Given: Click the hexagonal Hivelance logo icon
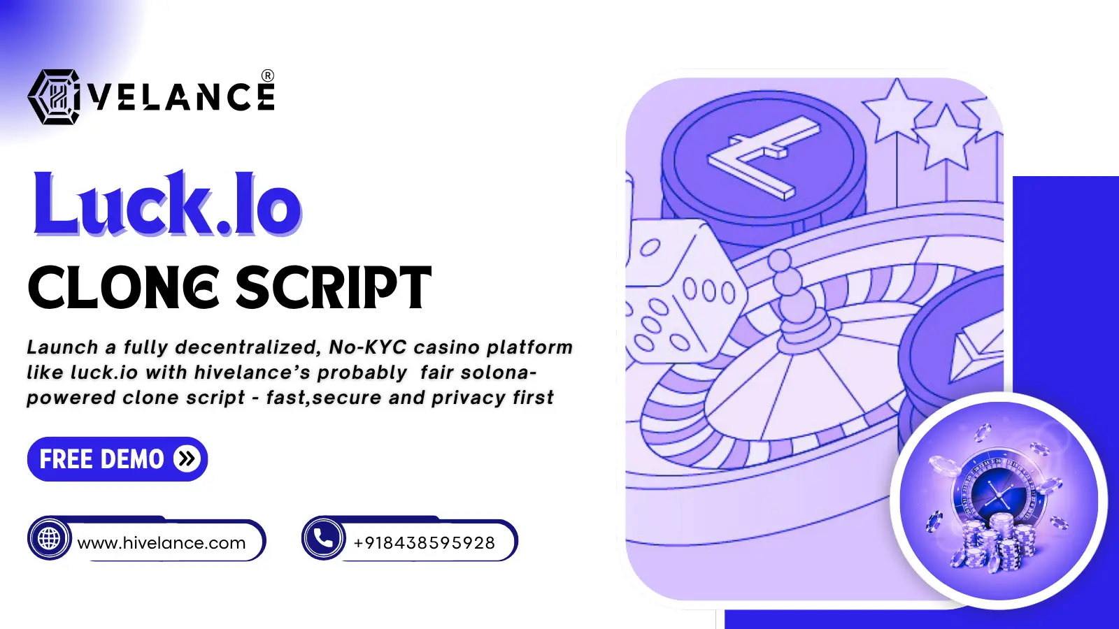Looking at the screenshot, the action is (x=54, y=96).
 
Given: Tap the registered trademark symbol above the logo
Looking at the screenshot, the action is (x=268, y=75).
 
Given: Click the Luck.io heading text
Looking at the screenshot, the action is (x=167, y=203).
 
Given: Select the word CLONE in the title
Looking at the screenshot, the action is (x=123, y=287).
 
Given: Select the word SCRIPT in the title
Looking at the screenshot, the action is (x=333, y=287).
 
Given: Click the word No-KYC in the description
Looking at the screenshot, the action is (x=368, y=347).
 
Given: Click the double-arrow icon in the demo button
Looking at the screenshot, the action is (x=187, y=458).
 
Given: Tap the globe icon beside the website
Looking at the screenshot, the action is (x=49, y=539).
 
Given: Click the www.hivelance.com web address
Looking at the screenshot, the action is (x=162, y=542).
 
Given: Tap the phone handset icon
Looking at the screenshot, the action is (x=323, y=538).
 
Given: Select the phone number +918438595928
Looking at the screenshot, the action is (x=424, y=542).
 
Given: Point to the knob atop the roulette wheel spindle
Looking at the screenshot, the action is (x=779, y=260).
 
